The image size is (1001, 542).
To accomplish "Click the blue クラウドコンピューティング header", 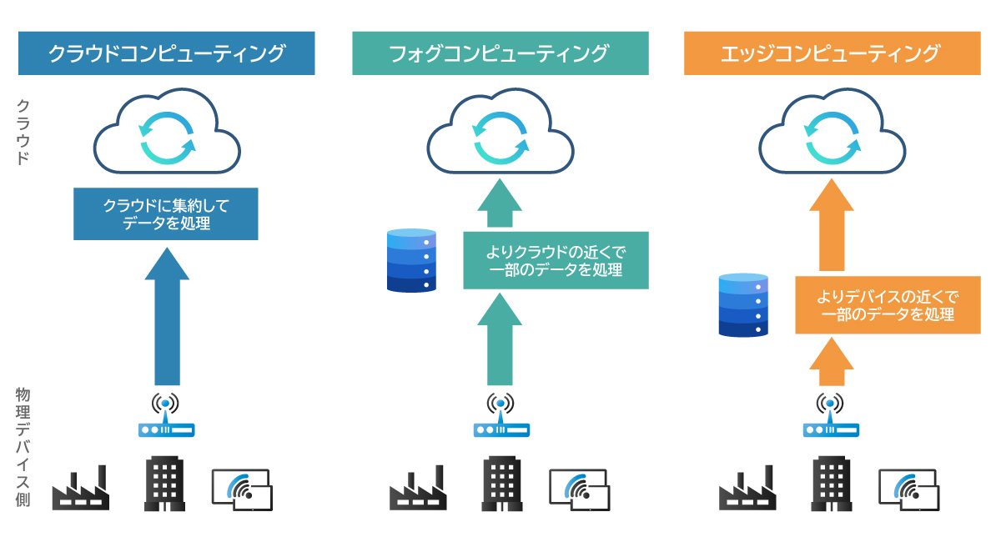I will pyautogui.click(x=166, y=53).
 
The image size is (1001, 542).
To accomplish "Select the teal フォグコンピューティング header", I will pyautogui.click(x=500, y=53).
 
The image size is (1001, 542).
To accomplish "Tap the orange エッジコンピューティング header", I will pyautogui.click(x=832, y=53).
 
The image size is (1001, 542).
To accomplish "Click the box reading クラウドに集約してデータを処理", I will pyautogui.click(x=166, y=214).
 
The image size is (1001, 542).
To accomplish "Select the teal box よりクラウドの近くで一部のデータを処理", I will pyautogui.click(x=556, y=260).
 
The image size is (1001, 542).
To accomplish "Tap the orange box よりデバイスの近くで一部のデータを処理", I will pyautogui.click(x=888, y=304).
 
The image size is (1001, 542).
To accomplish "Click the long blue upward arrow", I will pyautogui.click(x=166, y=317).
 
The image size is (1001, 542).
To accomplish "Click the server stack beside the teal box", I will pyautogui.click(x=412, y=260).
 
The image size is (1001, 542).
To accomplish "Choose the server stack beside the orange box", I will pyautogui.click(x=743, y=304).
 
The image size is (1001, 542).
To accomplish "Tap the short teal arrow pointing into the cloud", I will pyautogui.click(x=500, y=205).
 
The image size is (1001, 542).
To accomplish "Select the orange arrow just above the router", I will pyautogui.click(x=832, y=363).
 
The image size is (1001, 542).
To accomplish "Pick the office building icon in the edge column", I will pyautogui.click(x=832, y=484).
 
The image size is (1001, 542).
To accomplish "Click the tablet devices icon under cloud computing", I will pyautogui.click(x=242, y=489).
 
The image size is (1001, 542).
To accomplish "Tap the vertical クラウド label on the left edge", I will pyautogui.click(x=24, y=132).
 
